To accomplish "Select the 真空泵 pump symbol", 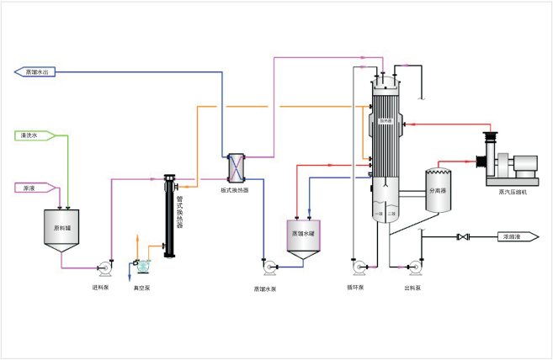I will tap(142, 266).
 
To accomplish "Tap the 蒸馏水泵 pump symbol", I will tap(269, 267).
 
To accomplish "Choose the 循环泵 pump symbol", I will tap(359, 267).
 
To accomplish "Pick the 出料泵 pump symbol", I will tap(412, 267).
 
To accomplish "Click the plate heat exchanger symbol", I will tap(238, 167).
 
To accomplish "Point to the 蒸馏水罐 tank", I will tap(302, 236).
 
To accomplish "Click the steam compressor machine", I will tap(508, 161).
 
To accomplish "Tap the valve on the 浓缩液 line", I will tap(461, 236).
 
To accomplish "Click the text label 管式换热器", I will tap(180, 214).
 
